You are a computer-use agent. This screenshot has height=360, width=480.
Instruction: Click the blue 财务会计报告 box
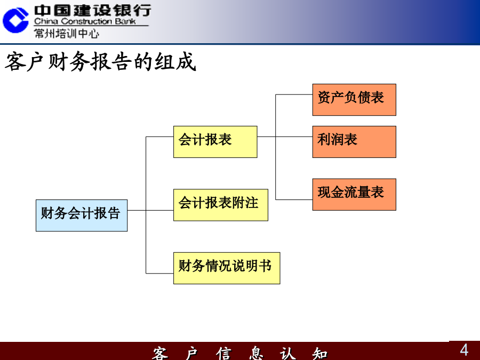coord(82,215)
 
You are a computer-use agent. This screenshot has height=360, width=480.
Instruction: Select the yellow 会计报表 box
coord(215,142)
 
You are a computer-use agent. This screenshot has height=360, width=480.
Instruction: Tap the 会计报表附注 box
coord(221,205)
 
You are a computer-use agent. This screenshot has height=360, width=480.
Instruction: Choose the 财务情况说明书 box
coord(227,268)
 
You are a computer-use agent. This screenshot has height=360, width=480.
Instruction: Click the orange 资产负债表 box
coord(354,100)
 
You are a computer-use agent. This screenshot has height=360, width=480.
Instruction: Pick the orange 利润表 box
coord(354,142)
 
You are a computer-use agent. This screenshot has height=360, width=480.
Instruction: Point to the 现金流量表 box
coord(354,195)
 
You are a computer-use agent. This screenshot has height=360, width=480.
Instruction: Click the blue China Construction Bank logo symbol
coord(15,20)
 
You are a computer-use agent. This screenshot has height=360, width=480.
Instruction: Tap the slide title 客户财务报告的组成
coord(100,62)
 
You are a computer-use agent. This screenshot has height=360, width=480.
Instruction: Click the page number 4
coord(464,350)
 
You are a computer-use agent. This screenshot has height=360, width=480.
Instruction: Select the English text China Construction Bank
coord(85,21)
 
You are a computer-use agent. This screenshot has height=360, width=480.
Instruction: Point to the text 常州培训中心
coord(67,33)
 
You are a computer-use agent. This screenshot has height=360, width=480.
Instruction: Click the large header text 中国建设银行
coord(92,11)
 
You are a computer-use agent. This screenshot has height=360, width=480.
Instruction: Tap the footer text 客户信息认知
coord(240,354)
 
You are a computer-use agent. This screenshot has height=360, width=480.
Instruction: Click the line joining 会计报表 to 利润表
coord(285,137)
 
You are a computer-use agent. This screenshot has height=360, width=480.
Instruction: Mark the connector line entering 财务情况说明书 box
coord(159,273)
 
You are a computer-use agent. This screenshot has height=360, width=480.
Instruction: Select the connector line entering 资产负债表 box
coord(294,94)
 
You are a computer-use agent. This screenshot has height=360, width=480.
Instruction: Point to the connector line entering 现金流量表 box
coord(294,199)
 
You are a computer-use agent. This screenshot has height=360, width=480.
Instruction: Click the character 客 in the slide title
coord(15,62)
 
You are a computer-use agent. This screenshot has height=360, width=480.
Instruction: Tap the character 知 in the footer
coord(320,354)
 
